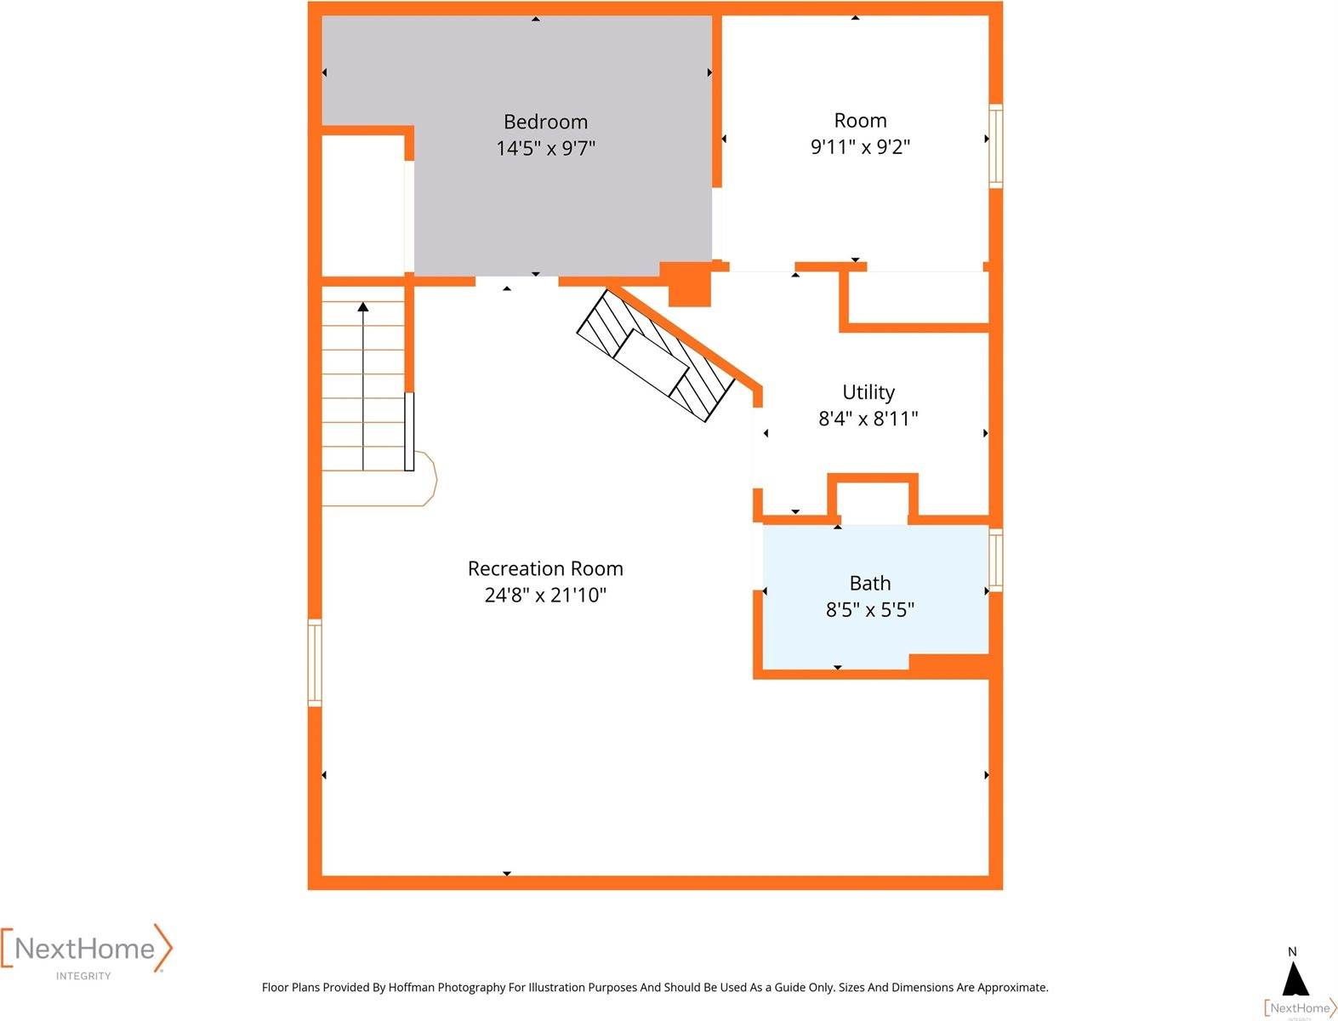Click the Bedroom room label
545,122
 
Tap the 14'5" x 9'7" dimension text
545,148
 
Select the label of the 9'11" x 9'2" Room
860,121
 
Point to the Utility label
868,392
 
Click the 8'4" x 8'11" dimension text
868,419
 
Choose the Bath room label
869,583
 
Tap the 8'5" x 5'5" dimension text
869,609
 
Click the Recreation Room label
545,568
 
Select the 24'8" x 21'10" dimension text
545,595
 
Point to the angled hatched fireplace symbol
655,356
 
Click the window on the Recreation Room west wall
315,663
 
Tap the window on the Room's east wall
995,145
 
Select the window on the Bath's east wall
995,559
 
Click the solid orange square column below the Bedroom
688,284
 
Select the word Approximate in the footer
1012,988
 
